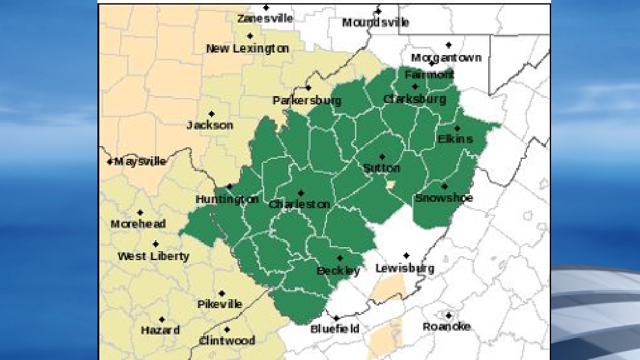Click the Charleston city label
(x=299, y=204)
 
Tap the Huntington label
(x=227, y=199)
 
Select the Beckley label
(x=338, y=270)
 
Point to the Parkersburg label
(x=307, y=101)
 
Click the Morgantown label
(x=447, y=58)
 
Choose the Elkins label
(x=456, y=139)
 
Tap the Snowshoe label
(x=444, y=198)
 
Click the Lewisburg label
(x=405, y=268)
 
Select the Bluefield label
(x=335, y=329)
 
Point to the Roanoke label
(x=447, y=326)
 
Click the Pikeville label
(x=220, y=304)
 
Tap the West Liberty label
(x=153, y=256)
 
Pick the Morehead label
(x=138, y=224)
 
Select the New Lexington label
(x=247, y=49)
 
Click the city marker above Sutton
(x=382, y=157)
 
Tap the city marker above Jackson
(x=211, y=114)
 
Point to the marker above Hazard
(x=162, y=320)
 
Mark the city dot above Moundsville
(x=378, y=11)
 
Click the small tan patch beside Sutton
(x=390, y=185)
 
